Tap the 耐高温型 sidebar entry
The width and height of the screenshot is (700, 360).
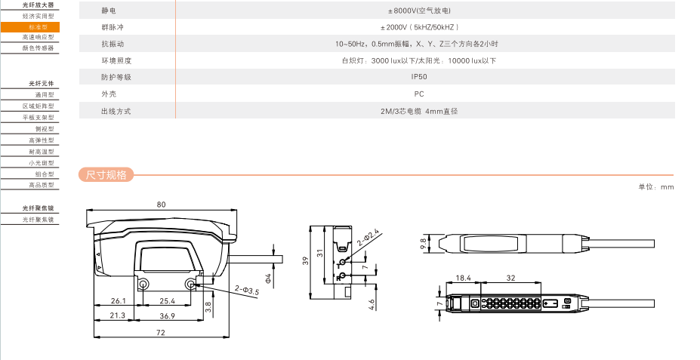(41, 152)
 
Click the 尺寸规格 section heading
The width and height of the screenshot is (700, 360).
(106, 176)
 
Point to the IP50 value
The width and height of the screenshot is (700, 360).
(419, 77)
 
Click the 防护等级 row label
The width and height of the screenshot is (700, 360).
(116, 77)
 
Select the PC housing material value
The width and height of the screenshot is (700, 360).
(419, 94)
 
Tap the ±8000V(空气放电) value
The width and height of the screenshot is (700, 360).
(419, 11)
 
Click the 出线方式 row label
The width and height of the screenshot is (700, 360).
(116, 111)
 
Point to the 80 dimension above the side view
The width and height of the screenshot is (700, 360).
(161, 205)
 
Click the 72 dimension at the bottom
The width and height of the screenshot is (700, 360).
(161, 333)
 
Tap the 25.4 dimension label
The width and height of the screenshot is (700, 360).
(168, 301)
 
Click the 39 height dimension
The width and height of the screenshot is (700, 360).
(305, 260)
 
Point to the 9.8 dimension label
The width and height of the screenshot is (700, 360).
(423, 243)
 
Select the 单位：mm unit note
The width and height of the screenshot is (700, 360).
(655, 186)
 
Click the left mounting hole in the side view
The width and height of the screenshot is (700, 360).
(143, 284)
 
